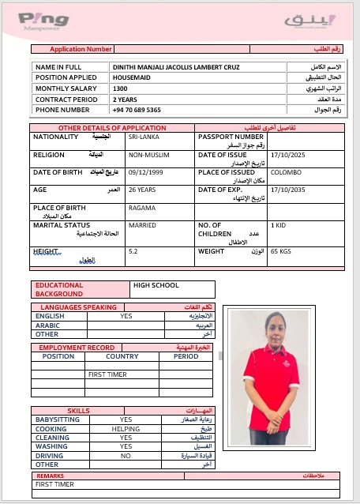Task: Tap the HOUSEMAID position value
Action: (x=128, y=78)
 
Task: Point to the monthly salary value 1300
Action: (x=120, y=89)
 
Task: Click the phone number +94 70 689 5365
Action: (x=137, y=110)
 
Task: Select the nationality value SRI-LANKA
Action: (x=143, y=137)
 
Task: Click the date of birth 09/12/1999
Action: (x=145, y=172)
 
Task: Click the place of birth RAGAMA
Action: (x=141, y=208)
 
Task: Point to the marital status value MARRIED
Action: (x=142, y=225)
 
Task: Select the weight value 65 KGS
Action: (x=281, y=251)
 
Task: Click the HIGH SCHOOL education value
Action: (x=156, y=285)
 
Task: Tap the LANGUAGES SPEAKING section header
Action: (x=78, y=307)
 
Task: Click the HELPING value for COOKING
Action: (x=126, y=428)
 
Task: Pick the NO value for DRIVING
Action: (x=126, y=456)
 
